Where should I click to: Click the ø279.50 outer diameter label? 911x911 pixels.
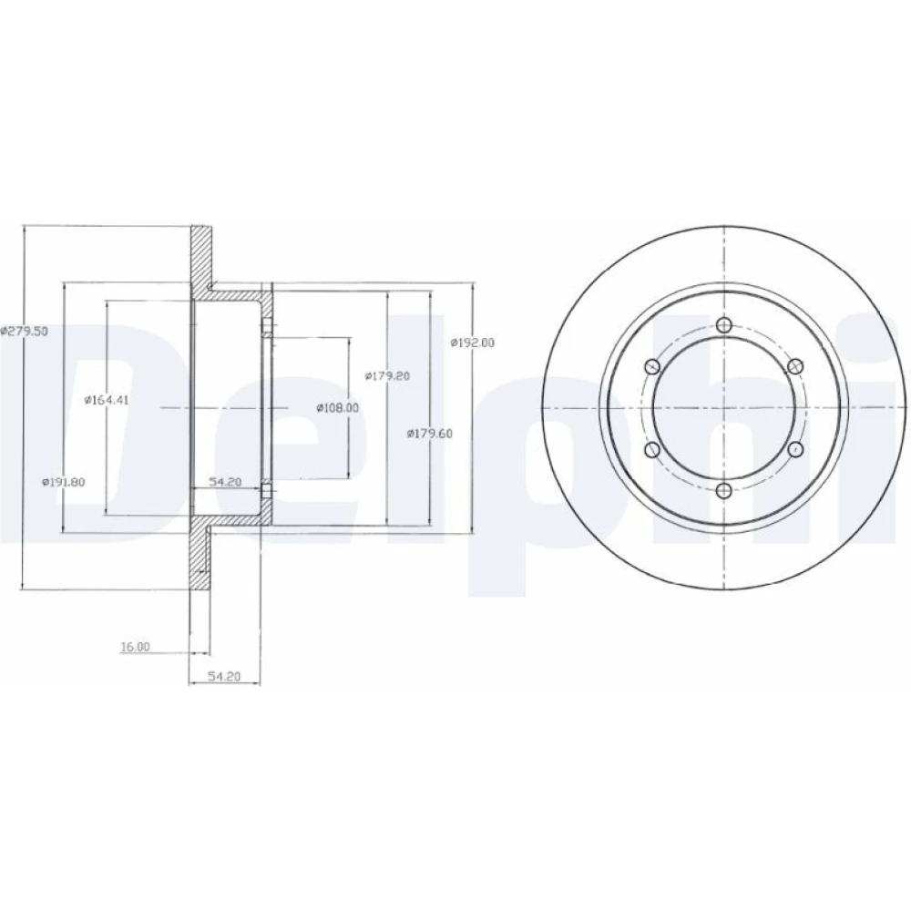tap(24, 332)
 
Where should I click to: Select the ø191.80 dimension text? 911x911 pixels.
tap(64, 482)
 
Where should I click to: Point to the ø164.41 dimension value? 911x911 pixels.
tap(107, 400)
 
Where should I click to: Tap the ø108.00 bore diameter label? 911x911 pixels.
tap(338, 408)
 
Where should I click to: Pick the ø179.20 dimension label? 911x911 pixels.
tap(387, 376)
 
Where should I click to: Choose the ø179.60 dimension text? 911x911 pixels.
tap(429, 434)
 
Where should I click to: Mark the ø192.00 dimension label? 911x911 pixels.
tap(472, 343)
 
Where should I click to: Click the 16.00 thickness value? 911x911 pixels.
tap(136, 647)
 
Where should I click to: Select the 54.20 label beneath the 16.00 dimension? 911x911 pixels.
tap(224, 676)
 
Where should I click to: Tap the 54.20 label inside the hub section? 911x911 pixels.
tap(225, 482)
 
